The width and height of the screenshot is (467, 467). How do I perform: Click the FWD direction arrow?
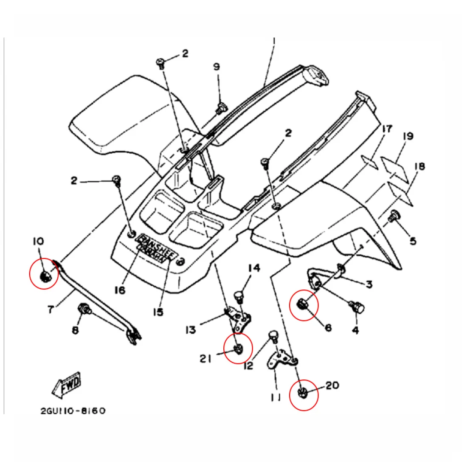point(66,385)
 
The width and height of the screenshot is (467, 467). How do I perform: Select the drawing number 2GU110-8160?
point(73,411)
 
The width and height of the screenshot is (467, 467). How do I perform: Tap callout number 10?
point(38,241)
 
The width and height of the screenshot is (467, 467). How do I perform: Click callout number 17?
point(387,129)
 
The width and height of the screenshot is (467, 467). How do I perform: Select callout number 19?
point(408,136)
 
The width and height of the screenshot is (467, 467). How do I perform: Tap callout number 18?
point(419,166)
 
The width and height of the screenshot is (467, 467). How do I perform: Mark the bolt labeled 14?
point(240,295)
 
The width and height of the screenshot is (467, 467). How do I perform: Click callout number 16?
point(120,290)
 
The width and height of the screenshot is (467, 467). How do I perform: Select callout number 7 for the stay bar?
point(51,309)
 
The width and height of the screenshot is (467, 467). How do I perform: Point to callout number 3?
point(369,284)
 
